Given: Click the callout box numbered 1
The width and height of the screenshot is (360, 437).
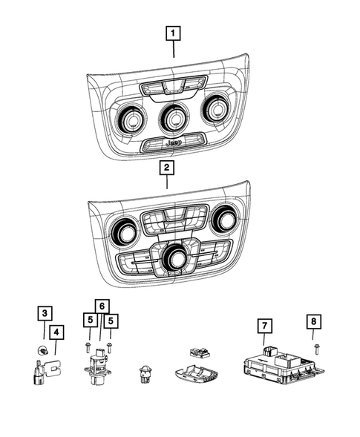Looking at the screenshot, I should point(173,33).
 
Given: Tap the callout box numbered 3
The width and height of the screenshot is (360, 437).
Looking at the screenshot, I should point(46,314).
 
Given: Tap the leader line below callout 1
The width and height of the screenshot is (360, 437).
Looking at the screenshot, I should point(173,50).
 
